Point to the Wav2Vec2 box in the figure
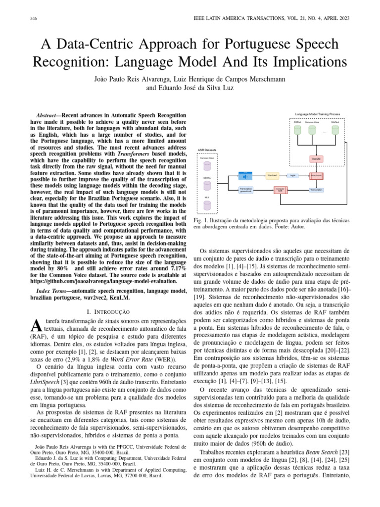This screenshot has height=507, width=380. point(272,175)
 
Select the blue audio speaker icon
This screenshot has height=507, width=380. point(244,175)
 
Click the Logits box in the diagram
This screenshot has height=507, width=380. point(293,175)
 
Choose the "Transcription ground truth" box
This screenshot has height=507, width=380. point(246,190)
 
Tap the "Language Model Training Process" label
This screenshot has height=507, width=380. point(318,114)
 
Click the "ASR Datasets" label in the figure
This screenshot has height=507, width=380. point(207,150)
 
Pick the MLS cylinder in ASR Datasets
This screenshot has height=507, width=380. point(207,203)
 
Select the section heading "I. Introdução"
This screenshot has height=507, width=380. point(108,312)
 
